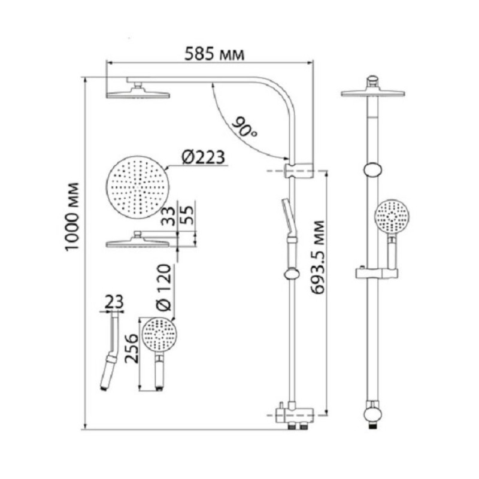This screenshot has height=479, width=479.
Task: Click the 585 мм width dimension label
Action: (x=214, y=54)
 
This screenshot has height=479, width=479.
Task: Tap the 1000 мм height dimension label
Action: (x=72, y=217)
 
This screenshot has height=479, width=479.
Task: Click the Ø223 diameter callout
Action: (x=203, y=157)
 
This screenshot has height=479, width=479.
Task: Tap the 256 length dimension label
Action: (x=132, y=348)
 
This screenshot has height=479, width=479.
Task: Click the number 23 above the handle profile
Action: (x=114, y=302)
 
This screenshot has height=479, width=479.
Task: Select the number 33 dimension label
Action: (x=168, y=216)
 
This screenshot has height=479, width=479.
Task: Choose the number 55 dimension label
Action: (x=186, y=215)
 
